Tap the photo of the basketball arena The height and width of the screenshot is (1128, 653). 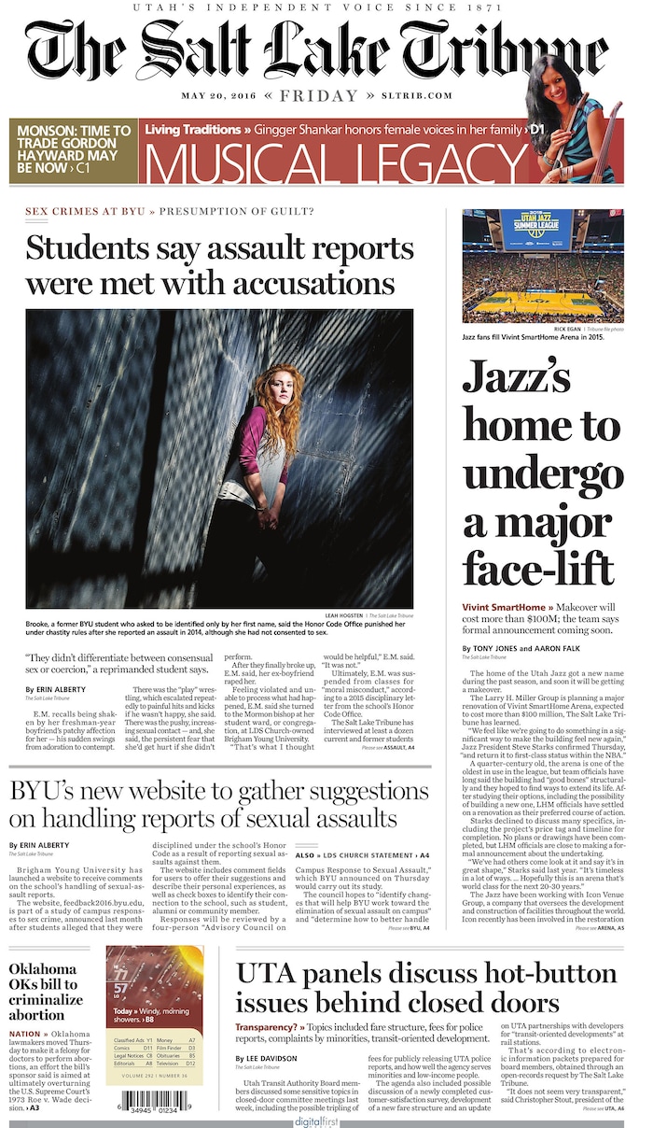coord(544,266)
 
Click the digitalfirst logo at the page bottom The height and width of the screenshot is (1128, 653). coord(316,1120)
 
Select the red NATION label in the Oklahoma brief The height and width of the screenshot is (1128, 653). coord(25,1034)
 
